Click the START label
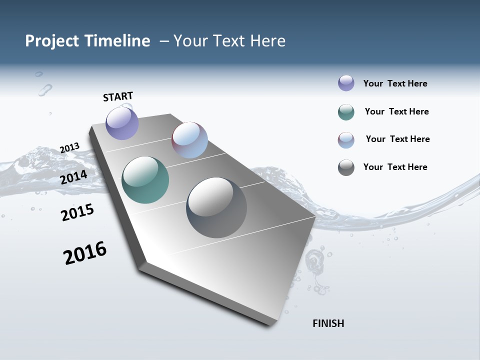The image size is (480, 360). pyautogui.click(x=118, y=96)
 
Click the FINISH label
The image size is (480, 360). pyautogui.click(x=328, y=323)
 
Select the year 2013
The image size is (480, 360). pyautogui.click(x=69, y=148)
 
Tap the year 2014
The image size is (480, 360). pyautogui.click(x=73, y=177)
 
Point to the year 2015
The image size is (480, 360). pyautogui.click(x=77, y=212)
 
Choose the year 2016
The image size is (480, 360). pyautogui.click(x=85, y=253)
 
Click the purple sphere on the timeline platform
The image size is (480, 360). pyautogui.click(x=122, y=123)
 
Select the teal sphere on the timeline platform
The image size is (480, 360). pyautogui.click(x=145, y=180)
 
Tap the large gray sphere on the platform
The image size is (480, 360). pyautogui.click(x=216, y=207)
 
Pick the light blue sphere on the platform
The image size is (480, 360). pyautogui.click(x=189, y=140)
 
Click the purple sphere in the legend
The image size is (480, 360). pyautogui.click(x=346, y=83)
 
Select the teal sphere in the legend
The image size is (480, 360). pyautogui.click(x=346, y=112)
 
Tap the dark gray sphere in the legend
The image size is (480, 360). pyautogui.click(x=346, y=167)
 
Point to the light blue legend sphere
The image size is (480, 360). pyautogui.click(x=346, y=140)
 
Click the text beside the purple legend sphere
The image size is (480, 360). pyautogui.click(x=395, y=83)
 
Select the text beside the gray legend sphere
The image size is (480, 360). pyautogui.click(x=395, y=167)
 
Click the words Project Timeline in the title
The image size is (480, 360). pyautogui.click(x=87, y=41)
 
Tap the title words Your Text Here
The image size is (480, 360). pyautogui.click(x=229, y=41)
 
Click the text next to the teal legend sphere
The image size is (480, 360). pyautogui.click(x=396, y=111)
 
